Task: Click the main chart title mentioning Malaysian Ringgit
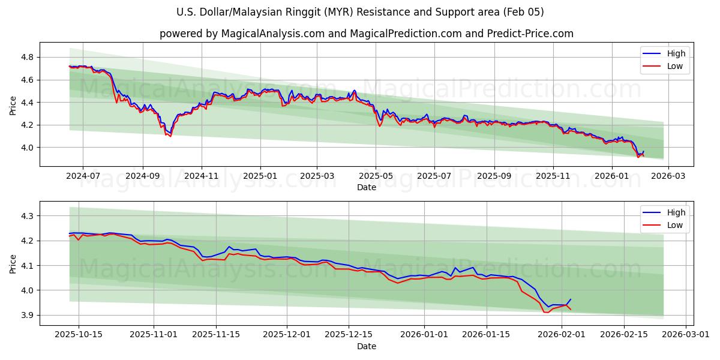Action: click(360, 12)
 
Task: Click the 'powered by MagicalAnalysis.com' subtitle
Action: click(366, 34)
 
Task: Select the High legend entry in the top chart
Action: click(675, 53)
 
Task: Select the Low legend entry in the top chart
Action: click(675, 66)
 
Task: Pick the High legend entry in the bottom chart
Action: click(675, 212)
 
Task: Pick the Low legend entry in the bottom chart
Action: click(675, 224)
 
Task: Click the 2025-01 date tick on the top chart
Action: click(260, 176)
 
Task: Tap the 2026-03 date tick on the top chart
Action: click(668, 176)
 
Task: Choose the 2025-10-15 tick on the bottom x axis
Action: click(79, 334)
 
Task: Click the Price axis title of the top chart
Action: click(13, 105)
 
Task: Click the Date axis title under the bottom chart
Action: click(366, 346)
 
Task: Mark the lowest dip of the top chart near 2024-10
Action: click(170, 136)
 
